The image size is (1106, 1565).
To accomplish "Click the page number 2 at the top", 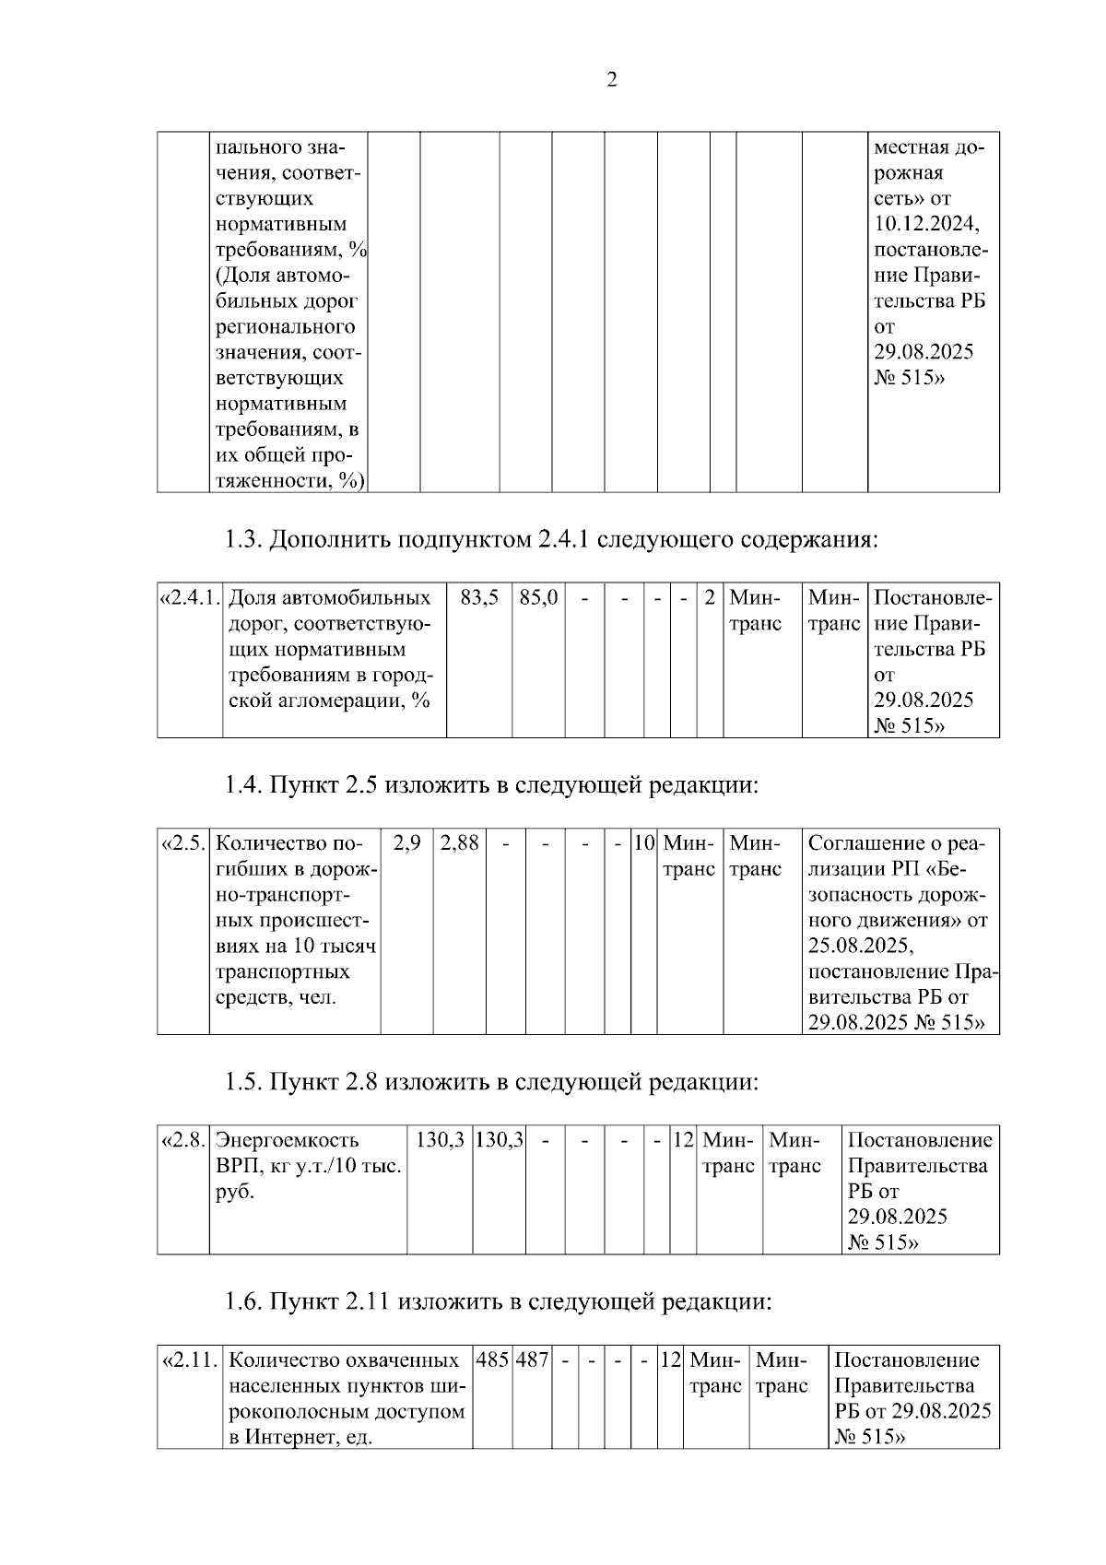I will (612, 79).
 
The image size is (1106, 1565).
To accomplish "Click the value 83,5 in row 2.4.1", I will (479, 597).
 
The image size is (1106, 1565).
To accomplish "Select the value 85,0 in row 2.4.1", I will (538, 597).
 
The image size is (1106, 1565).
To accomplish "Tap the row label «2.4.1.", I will (189, 597).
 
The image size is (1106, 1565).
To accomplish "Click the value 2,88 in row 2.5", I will (459, 842).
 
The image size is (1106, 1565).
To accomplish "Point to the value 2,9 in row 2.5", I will (406, 842).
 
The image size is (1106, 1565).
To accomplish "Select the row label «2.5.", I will (182, 842).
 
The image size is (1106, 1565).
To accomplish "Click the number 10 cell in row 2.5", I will (643, 842).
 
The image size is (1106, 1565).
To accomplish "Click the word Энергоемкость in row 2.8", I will (287, 1140).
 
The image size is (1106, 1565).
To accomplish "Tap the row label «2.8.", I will (182, 1140).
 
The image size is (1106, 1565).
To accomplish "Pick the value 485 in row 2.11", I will (492, 1359).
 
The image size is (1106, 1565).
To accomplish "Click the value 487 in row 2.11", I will (532, 1359).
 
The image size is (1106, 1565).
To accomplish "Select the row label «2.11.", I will (189, 1359).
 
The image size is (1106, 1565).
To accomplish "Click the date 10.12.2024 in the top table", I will (925, 224).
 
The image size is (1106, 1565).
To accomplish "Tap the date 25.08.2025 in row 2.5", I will (859, 946).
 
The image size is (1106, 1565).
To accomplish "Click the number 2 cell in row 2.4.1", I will (709, 597).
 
